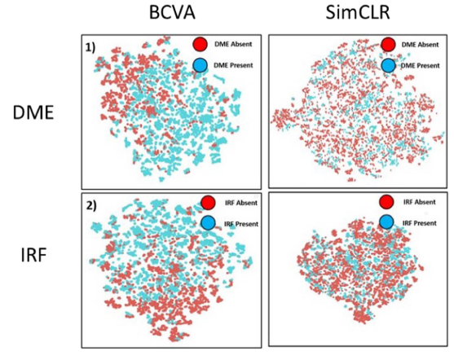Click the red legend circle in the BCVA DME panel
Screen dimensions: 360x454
click(197, 44)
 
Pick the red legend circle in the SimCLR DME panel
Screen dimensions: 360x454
click(388, 44)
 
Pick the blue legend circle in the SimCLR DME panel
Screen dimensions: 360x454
click(388, 64)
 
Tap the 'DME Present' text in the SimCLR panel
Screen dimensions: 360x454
click(419, 64)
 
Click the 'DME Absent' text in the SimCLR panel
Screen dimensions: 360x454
click(419, 45)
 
